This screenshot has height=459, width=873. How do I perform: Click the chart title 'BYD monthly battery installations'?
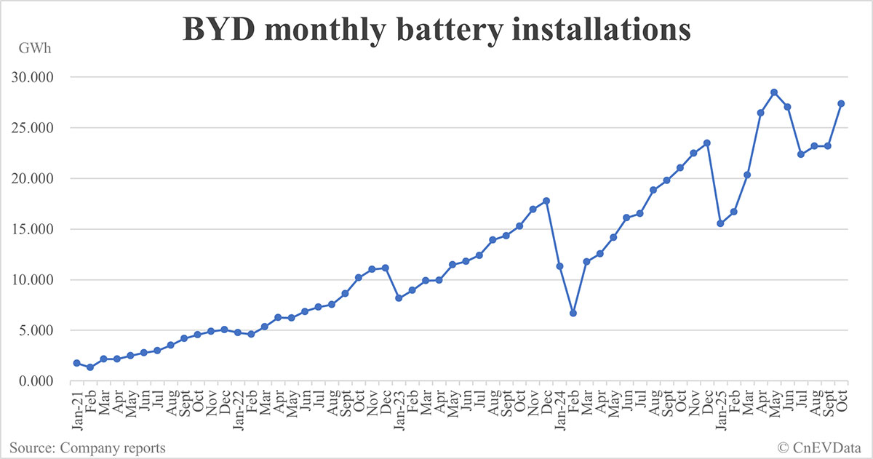436,31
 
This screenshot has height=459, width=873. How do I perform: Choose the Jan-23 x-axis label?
398,404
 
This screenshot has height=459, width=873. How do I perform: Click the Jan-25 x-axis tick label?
720,404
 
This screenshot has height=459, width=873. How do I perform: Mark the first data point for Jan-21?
76,363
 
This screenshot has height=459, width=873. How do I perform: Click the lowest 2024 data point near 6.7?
573,313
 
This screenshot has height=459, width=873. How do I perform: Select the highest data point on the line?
774,92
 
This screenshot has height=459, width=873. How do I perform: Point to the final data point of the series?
841,103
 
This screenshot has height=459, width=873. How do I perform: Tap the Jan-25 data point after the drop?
720,223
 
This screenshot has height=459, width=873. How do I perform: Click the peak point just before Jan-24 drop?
546,201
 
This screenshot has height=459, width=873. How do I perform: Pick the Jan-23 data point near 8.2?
399,298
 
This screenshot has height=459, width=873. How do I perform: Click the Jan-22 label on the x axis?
237,404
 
